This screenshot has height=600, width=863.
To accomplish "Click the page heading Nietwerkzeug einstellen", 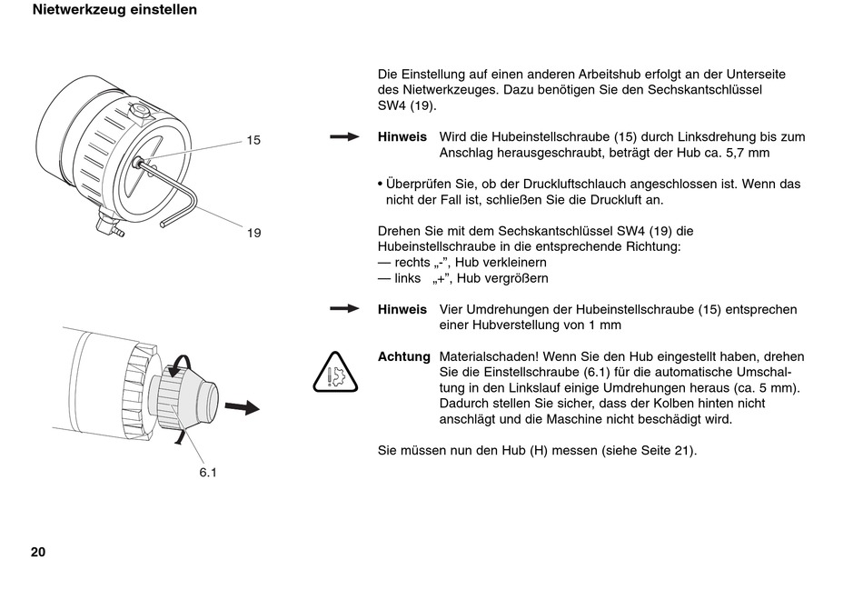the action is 114,10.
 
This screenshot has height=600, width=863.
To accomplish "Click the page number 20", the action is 38,552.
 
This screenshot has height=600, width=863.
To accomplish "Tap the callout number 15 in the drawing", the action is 253,141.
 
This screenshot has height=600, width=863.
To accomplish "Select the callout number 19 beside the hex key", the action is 253,233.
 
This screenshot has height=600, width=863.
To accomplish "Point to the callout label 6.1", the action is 208,473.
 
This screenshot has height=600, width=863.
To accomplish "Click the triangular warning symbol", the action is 335,373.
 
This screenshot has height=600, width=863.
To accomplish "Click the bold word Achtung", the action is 404,357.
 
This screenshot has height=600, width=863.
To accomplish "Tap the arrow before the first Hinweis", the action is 344,136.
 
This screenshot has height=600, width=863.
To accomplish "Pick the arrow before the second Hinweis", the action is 344,309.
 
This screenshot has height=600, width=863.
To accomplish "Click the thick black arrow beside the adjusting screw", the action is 243,407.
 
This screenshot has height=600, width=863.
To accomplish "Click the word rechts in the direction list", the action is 412,262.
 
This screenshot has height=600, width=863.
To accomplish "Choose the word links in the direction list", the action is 407,278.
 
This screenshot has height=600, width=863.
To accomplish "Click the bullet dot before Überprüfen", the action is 381,184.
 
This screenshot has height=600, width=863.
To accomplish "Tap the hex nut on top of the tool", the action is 141,111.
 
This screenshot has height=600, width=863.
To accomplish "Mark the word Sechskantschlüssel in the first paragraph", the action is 705,90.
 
